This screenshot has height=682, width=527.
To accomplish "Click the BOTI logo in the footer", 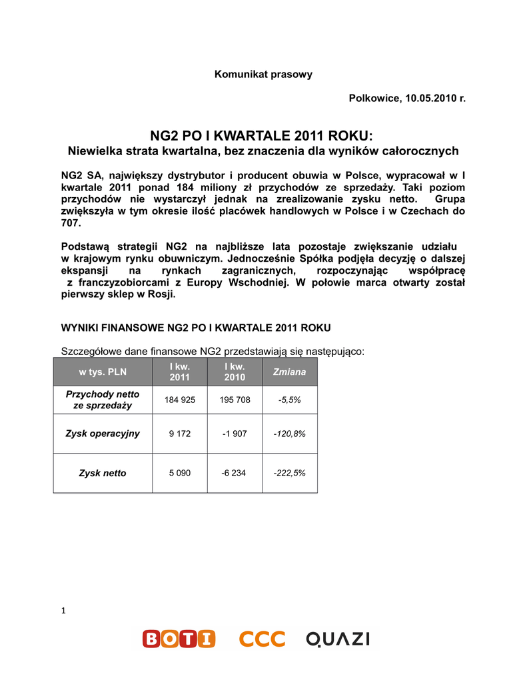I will click(179, 639).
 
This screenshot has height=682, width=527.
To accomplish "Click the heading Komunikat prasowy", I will click(263, 75).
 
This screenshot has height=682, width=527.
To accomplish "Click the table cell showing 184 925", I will click(179, 400).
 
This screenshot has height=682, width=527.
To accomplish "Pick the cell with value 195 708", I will click(235, 400).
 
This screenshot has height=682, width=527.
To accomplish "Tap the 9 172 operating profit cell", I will click(179, 434).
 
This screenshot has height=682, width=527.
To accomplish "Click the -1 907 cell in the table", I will click(235, 434).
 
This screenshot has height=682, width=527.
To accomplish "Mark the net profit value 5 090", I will click(179, 474).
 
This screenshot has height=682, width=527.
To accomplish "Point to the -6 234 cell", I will click(235, 474).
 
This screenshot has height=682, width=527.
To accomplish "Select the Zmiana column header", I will click(289, 372).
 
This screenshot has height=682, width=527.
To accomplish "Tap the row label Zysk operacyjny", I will click(103, 434).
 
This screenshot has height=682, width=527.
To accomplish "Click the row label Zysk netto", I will click(103, 474).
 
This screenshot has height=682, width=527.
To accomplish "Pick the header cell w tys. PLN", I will click(102, 372).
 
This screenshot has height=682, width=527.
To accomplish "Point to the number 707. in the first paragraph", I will click(71, 223).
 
